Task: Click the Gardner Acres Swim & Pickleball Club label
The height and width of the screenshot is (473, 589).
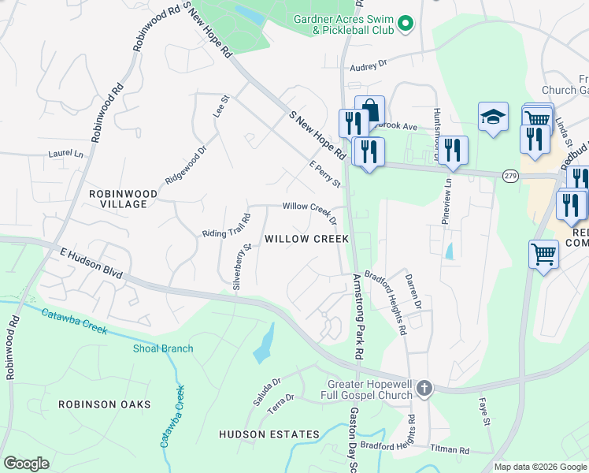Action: pos(342,24)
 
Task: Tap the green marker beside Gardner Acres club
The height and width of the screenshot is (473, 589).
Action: pos(406,24)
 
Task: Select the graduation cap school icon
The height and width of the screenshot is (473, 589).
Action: pos(493,117)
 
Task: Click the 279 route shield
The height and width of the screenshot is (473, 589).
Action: pos(511,176)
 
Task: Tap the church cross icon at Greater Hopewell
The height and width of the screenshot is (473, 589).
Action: pos(424,387)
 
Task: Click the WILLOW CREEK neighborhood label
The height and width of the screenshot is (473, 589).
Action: pos(306,238)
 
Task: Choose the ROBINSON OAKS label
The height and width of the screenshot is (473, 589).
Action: pos(104,404)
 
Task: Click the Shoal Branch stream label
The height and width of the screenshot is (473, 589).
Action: pos(163,348)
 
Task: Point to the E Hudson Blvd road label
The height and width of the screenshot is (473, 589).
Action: pos(91,263)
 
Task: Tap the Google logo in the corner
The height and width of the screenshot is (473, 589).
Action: pos(26,463)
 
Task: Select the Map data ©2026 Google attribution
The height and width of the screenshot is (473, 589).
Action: pos(539,467)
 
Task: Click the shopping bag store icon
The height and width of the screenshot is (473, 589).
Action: pos(369,111)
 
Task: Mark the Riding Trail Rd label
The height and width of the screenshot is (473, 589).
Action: pos(227,225)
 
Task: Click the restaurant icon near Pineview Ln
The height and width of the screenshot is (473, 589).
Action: pos(453,151)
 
